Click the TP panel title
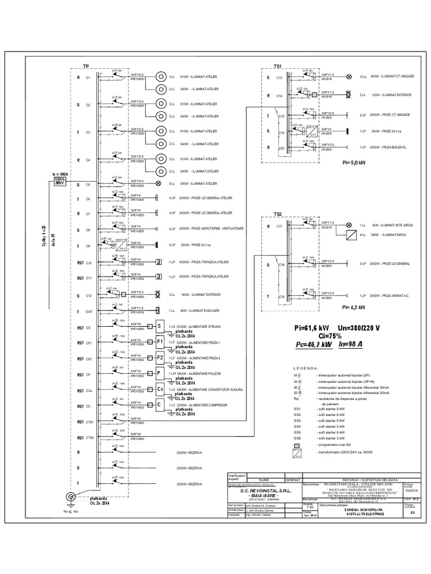click(x=86, y=66)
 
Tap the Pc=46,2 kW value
click(x=313, y=345)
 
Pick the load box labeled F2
click(x=159, y=358)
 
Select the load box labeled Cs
click(x=159, y=389)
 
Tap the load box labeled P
click(x=159, y=373)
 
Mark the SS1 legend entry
click(x=297, y=409)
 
